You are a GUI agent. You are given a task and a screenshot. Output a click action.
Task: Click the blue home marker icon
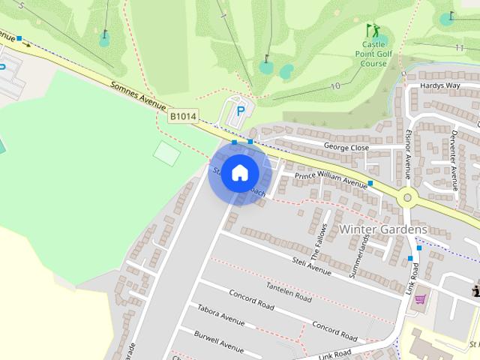pos(239,172)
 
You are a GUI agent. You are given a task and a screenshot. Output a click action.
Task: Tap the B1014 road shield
pos(183,116)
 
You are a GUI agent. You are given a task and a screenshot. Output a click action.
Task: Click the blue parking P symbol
pos(241,110)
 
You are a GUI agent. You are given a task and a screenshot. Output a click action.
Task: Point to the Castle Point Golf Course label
pos(373,54)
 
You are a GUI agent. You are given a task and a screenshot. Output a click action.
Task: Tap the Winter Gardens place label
pos(383,229)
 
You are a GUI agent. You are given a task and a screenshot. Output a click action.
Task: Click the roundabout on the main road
pos(408,199)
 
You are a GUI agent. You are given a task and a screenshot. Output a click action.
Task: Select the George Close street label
pos(346,148)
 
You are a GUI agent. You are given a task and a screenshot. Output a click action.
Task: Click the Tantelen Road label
pos(289,290)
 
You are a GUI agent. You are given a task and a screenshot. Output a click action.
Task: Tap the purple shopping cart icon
pos(420,298)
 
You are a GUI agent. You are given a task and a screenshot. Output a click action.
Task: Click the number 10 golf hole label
pos(334,86)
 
